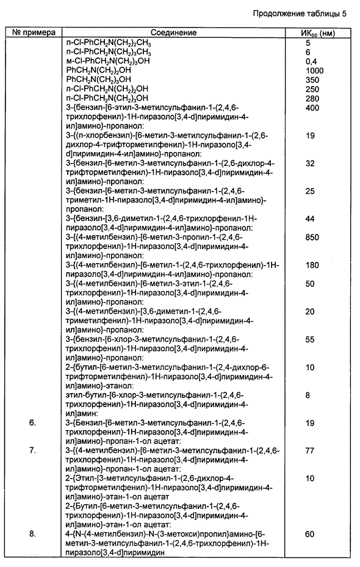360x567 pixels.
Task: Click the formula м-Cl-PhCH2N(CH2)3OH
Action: [107, 62]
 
